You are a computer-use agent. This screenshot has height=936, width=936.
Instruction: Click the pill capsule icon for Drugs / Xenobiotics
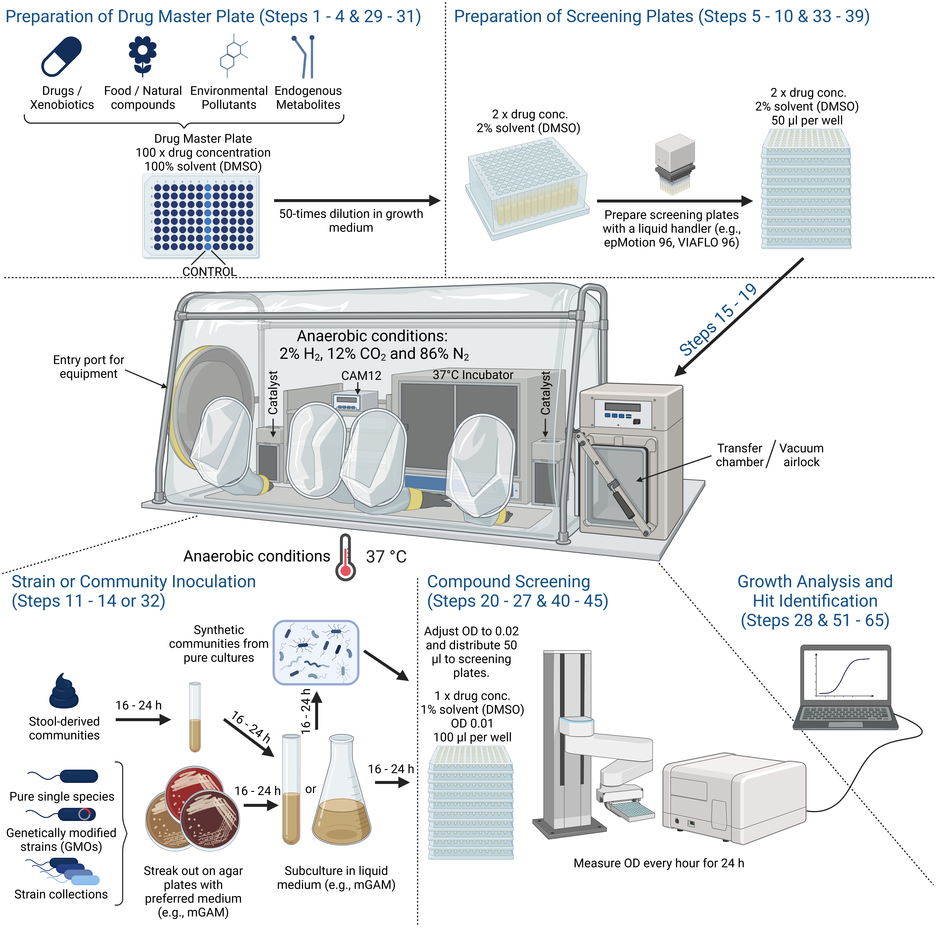click(x=62, y=57)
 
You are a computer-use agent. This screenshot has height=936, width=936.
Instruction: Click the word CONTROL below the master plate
click(x=209, y=272)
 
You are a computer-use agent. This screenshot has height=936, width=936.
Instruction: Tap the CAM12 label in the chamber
click(x=361, y=375)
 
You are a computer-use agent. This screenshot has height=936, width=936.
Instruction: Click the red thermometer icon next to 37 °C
click(x=345, y=557)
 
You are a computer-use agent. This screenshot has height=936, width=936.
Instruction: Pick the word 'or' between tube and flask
click(x=311, y=789)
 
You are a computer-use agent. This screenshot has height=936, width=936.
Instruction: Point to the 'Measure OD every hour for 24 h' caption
click(x=658, y=863)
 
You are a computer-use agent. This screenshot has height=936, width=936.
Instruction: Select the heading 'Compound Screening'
click(x=508, y=581)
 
